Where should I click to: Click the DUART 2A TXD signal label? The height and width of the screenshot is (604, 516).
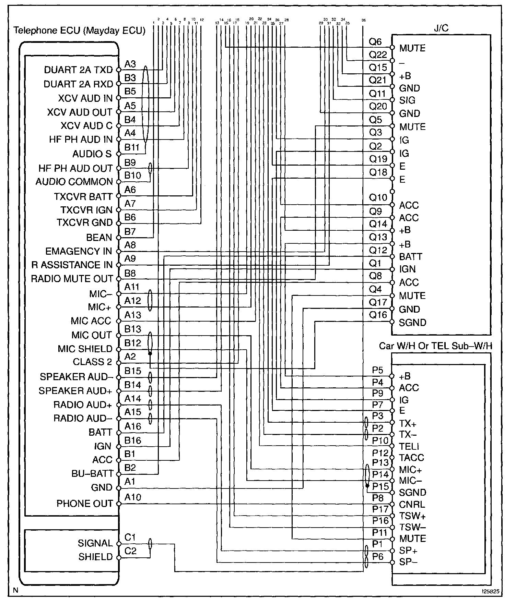coord(78,70)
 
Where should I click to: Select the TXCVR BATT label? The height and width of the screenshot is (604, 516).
coord(83,197)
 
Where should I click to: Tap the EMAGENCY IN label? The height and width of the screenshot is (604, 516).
coord(79,251)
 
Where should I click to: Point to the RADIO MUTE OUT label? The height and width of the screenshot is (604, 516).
coord(72,279)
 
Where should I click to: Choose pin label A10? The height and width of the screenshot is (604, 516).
coord(132,497)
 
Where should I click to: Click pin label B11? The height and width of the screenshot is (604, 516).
coord(132,147)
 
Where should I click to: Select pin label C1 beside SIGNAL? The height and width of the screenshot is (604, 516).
coord(130,537)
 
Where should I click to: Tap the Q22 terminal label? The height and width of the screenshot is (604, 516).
coord(378,55)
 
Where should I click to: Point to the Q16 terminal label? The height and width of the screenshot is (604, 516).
coord(378,315)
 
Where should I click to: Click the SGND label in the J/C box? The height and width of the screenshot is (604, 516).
coord(412,323)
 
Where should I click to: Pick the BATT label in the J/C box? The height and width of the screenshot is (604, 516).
coord(411,257)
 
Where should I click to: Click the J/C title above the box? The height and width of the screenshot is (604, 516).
coord(441,28)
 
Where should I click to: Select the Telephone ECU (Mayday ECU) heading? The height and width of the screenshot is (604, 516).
coord(79,31)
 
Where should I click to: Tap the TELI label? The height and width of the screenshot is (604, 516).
coord(409,446)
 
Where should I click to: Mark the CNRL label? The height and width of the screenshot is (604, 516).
coord(412,505)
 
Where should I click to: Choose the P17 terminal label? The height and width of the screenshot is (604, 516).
coord(380,509)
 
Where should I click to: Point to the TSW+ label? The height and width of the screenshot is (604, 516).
coord(412,516)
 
